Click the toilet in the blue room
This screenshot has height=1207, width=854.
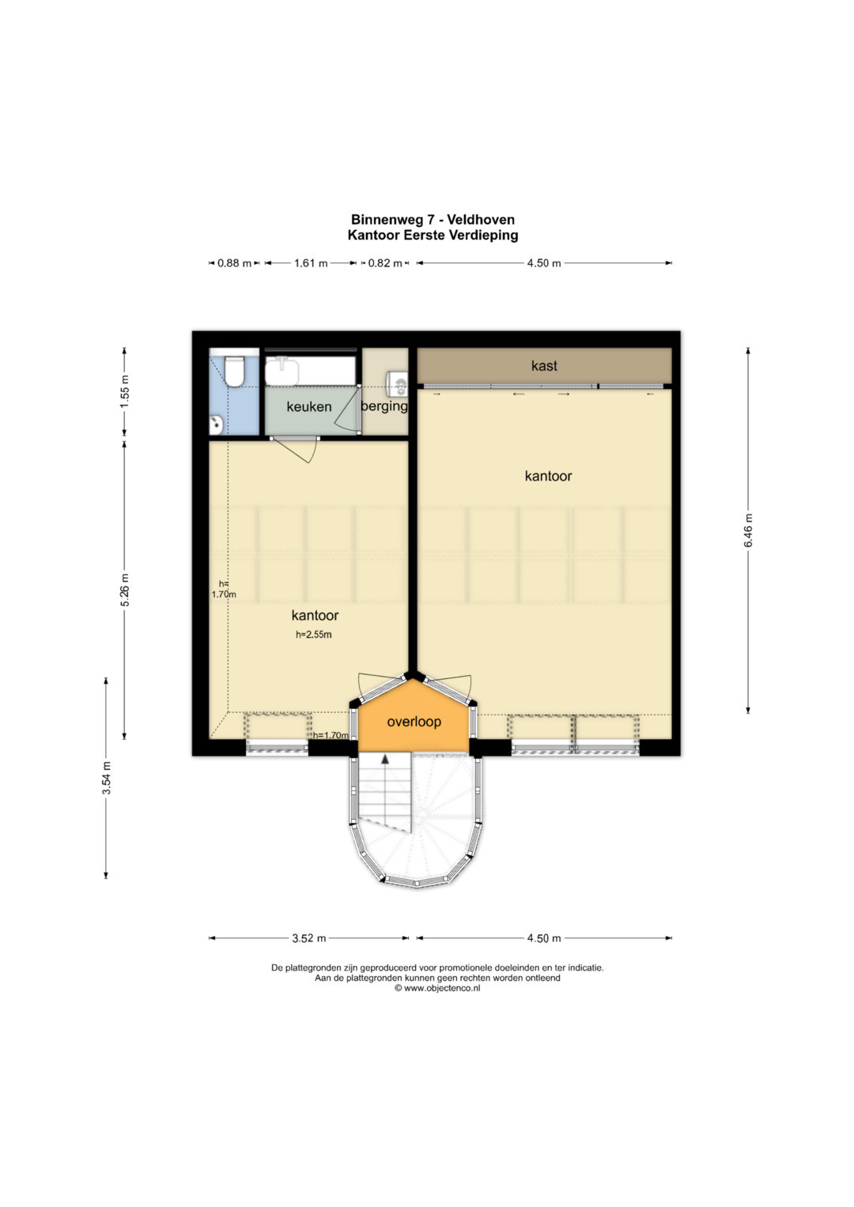(x=234, y=370)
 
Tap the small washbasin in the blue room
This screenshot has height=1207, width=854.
(x=216, y=424)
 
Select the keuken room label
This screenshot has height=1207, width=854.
(x=309, y=407)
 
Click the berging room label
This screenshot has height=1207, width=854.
(x=384, y=405)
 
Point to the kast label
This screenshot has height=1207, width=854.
(x=544, y=366)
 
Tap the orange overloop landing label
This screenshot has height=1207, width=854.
(x=414, y=722)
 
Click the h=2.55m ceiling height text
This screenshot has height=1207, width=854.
(x=314, y=635)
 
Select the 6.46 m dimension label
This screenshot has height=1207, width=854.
(x=748, y=530)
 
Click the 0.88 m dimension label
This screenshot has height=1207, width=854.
(x=235, y=263)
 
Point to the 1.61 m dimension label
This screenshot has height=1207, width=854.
(x=311, y=263)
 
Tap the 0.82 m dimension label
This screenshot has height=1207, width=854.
(x=385, y=263)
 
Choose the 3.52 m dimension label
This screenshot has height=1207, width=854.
(x=309, y=939)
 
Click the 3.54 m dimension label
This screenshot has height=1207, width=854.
(x=107, y=778)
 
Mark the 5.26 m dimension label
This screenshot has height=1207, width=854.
(x=125, y=589)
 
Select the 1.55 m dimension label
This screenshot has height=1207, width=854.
(x=125, y=390)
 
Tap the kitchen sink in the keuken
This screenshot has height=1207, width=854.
(x=282, y=372)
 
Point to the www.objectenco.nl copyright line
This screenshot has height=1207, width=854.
(x=437, y=988)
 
